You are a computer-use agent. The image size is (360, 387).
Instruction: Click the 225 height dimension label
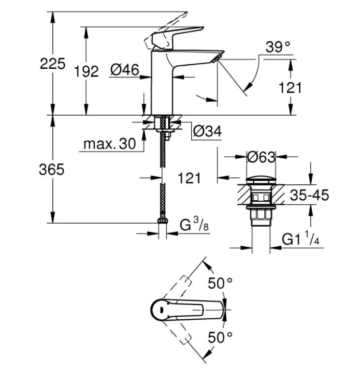coord(52,64)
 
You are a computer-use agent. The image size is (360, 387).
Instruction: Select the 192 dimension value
coord(86,71)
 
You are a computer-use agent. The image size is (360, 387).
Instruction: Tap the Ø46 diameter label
coord(124,70)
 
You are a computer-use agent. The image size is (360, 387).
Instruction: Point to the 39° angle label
coord(278,47)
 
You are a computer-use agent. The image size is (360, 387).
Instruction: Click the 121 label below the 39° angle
coord(291,88)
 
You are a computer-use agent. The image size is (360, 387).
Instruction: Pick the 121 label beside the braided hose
coord(188,179)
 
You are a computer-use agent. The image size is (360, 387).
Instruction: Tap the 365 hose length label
coord(52,170)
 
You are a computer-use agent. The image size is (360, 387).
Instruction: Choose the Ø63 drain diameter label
coord(261,157)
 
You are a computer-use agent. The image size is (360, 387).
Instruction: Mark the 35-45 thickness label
coord(309,195)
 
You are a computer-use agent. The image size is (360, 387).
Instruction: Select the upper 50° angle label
coord(220,283)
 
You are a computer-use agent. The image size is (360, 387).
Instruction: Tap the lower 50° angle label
coord(220,337)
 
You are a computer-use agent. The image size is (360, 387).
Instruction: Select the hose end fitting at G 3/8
coord(163,223)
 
